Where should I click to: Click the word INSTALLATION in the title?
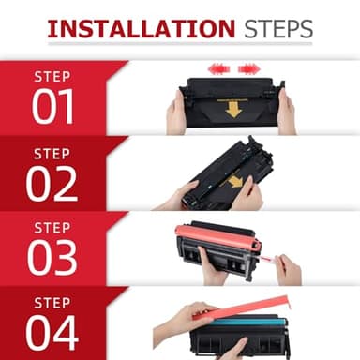[142, 29]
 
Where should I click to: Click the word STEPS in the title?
[278, 29]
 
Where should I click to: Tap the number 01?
[53, 106]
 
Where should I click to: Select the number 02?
[52, 183]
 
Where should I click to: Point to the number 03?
[52, 258]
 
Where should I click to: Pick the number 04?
[52, 333]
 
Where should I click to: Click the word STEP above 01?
[52, 77]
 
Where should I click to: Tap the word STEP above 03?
[52, 228]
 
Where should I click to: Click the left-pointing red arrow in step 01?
[219, 68]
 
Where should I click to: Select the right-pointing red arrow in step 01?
[249, 68]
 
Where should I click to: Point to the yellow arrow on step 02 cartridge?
[235, 182]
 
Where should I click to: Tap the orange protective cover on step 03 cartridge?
[217, 237]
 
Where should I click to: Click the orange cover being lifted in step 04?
[241, 307]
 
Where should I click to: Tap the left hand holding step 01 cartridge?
[176, 113]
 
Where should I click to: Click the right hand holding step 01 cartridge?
[287, 112]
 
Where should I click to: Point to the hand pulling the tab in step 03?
[288, 269]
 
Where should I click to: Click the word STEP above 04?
[52, 303]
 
